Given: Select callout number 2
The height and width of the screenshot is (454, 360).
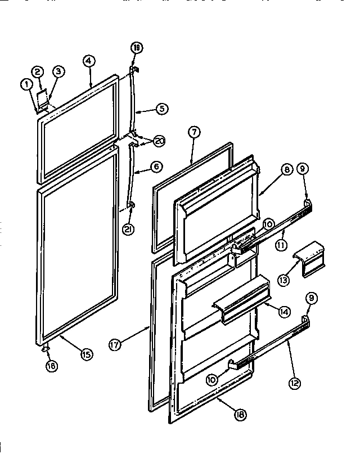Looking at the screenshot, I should point(38,71).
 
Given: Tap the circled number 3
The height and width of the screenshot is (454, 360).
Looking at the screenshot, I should point(58,71).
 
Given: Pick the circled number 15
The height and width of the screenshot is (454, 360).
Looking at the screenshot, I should point(87,354).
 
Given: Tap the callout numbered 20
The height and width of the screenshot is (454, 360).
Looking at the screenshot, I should point(159,141).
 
